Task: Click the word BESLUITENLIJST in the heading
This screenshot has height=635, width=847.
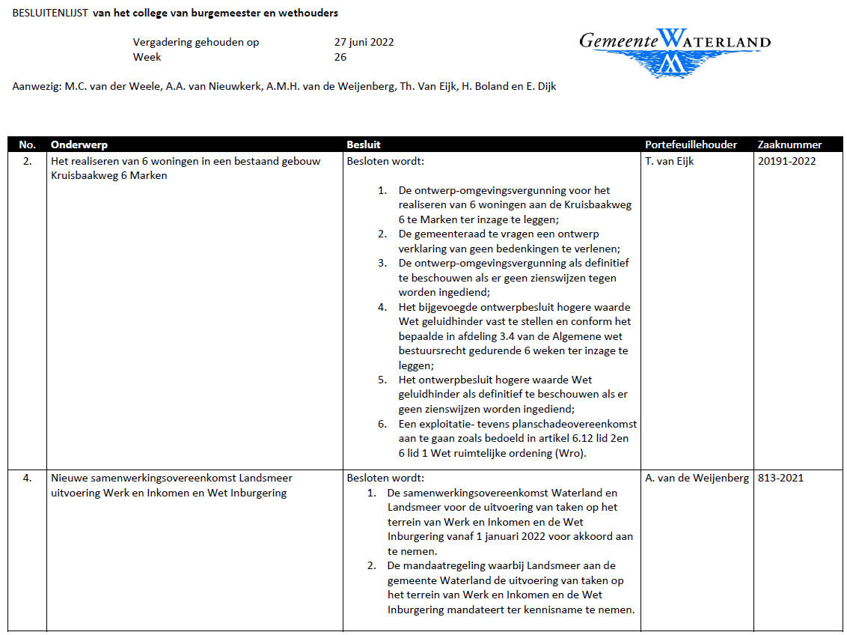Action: point(49,13)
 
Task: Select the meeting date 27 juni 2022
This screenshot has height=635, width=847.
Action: point(364,42)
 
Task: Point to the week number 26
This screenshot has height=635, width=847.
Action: point(340,57)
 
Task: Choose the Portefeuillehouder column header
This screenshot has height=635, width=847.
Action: point(691,145)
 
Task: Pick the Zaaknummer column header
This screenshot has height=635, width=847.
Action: point(789,145)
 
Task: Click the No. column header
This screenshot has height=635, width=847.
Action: point(27,145)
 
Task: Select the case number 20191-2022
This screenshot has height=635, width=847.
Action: point(786,161)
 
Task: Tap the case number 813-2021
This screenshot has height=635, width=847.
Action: point(780,478)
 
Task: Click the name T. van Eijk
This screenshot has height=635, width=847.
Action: point(669,161)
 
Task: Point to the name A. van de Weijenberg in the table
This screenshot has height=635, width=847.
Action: point(697,478)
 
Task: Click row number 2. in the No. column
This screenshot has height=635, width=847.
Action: point(27,161)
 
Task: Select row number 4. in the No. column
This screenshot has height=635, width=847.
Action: point(27,478)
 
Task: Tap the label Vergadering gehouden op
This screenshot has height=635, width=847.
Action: point(196,42)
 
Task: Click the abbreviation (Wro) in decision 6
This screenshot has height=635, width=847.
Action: point(571,453)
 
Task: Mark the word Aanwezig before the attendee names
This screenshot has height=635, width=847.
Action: point(36,86)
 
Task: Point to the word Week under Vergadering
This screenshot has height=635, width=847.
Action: point(147,57)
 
